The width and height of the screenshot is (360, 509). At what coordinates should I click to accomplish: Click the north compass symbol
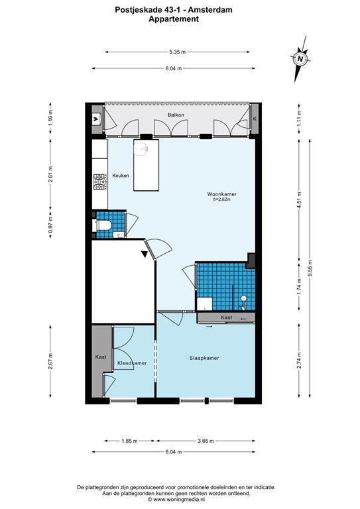click(300, 58)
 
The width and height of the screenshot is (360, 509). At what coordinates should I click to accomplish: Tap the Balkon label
click(176, 115)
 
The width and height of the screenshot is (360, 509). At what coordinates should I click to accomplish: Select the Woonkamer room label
click(222, 194)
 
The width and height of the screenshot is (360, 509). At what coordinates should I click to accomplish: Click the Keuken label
click(121, 175)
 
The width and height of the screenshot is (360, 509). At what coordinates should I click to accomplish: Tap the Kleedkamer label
click(131, 363)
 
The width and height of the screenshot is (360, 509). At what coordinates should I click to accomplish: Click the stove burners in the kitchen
click(99, 181)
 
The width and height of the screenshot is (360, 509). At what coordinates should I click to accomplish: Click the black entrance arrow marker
click(145, 253)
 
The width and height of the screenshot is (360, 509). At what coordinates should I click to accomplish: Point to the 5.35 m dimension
click(177, 51)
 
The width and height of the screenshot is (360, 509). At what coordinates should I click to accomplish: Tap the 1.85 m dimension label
click(130, 441)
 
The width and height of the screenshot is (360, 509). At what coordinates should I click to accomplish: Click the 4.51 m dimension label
click(299, 198)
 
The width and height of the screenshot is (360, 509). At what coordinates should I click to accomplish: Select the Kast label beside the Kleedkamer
click(101, 357)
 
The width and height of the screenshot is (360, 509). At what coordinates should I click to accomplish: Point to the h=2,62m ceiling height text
click(222, 200)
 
